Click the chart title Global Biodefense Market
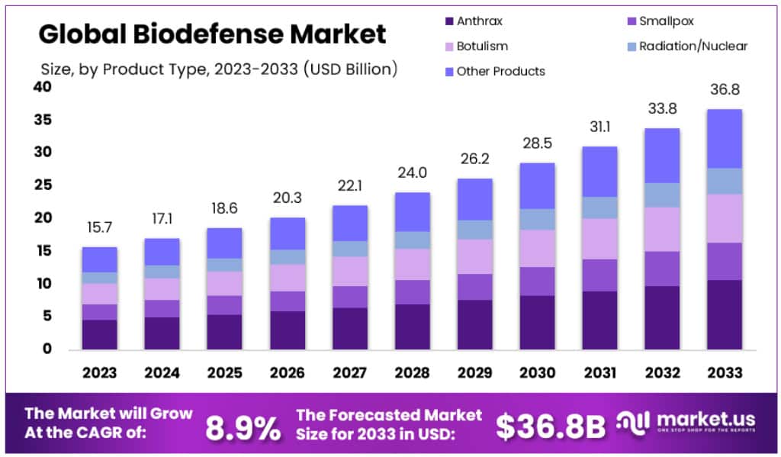(213, 34)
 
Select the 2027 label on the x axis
(349, 373)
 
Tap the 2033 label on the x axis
(724, 373)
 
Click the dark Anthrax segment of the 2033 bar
(724, 314)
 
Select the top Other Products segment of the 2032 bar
(661, 156)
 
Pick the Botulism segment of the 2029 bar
(474, 256)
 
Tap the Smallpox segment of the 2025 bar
(224, 305)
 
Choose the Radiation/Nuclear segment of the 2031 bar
(599, 208)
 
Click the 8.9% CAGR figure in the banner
(243, 429)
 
